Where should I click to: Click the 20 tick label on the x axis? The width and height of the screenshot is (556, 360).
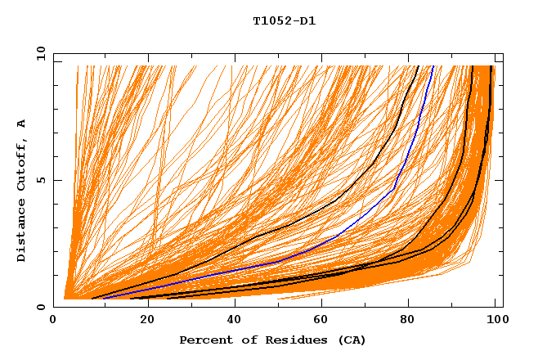pos(147,320)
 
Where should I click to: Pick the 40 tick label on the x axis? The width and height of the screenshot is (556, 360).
pos(235,320)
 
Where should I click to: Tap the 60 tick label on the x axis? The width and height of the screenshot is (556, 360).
pos(321,320)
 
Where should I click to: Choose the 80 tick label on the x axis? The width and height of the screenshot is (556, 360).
pos(408,320)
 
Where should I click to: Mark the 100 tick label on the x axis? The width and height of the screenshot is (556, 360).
pos(495,320)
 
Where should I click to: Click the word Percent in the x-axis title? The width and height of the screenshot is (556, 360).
pos(202,340)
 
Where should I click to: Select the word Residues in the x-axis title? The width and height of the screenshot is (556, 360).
pos(291,340)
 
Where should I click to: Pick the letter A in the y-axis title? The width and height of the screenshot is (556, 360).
pos(21,124)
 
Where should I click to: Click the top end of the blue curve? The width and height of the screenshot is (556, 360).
pos(433,65)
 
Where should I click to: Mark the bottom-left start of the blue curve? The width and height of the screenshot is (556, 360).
pos(105,299)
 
